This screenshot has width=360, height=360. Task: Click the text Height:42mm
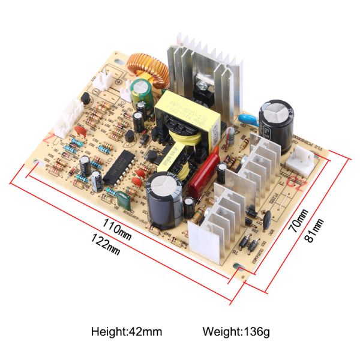point(127,331)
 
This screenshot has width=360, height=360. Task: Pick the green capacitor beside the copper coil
point(141,89)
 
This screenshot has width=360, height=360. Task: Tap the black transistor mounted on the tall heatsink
point(204,89)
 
